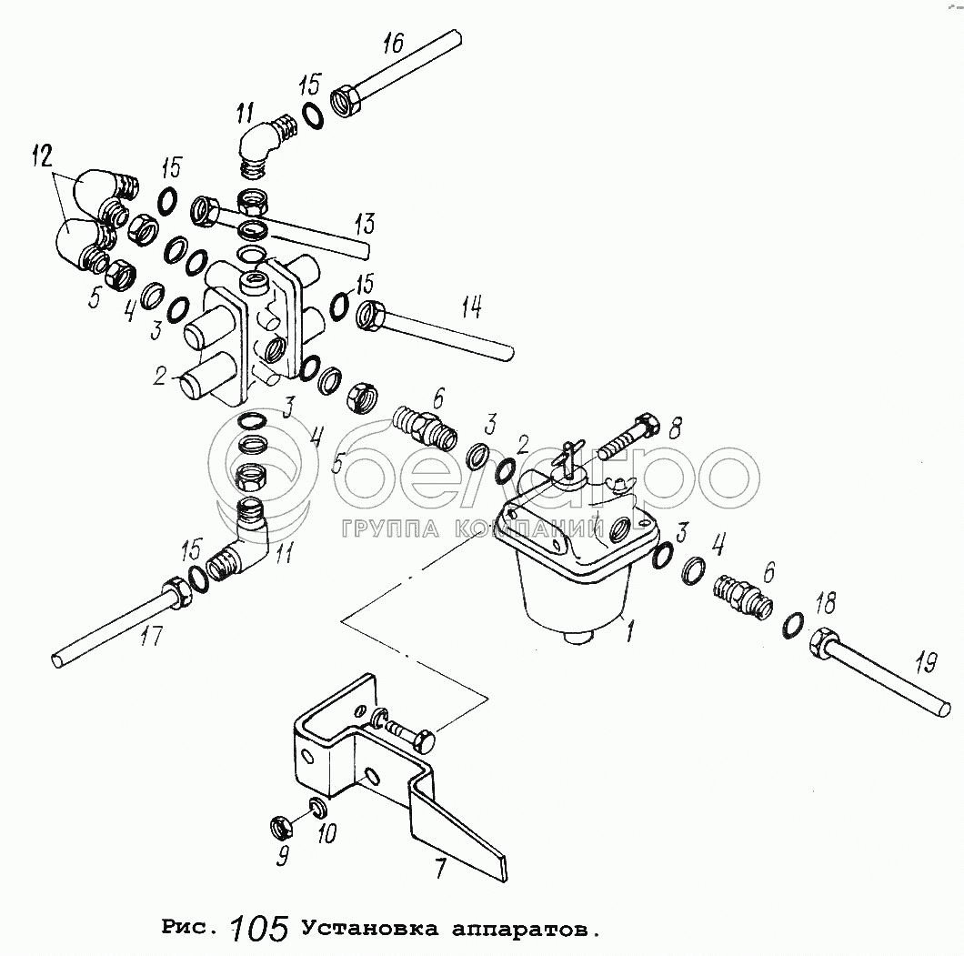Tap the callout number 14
470,308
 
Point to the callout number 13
365,224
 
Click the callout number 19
924,664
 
